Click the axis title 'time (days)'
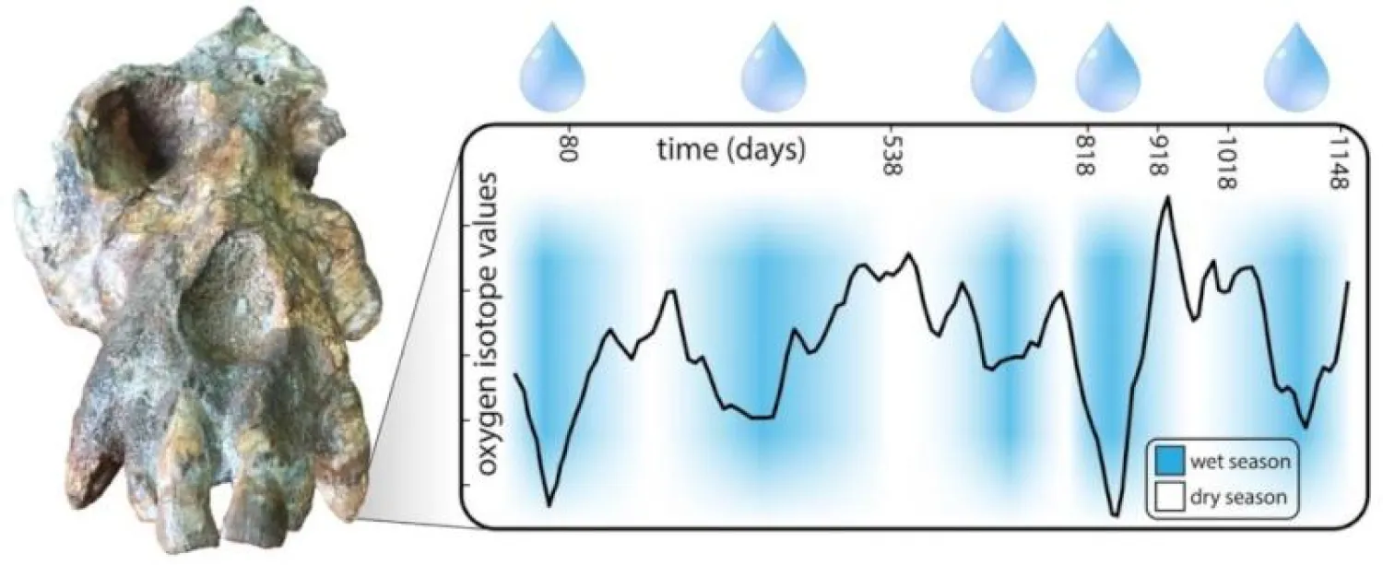coord(731,148)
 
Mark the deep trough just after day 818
coord(1115,514)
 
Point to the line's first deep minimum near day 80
coord(550,504)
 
